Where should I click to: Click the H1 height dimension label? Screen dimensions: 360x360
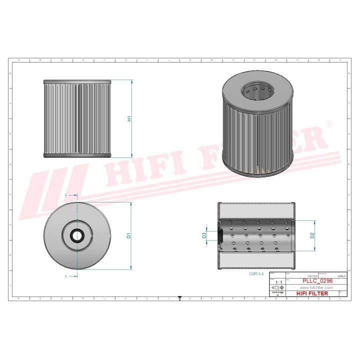coord(129,119)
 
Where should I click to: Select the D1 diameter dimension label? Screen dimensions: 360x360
coord(129,235)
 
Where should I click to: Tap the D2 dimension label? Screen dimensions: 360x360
coord(312,235)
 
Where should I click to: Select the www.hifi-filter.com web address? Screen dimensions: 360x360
coord(316,288)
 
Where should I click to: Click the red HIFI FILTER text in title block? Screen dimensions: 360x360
coord(312,293)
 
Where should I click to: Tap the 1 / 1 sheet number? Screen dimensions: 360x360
coord(278,282)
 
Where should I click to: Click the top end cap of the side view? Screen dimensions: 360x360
coord(76,81)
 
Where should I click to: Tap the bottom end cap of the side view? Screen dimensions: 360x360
coord(76,155)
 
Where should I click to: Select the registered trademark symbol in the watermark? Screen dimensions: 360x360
coord(328,123)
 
